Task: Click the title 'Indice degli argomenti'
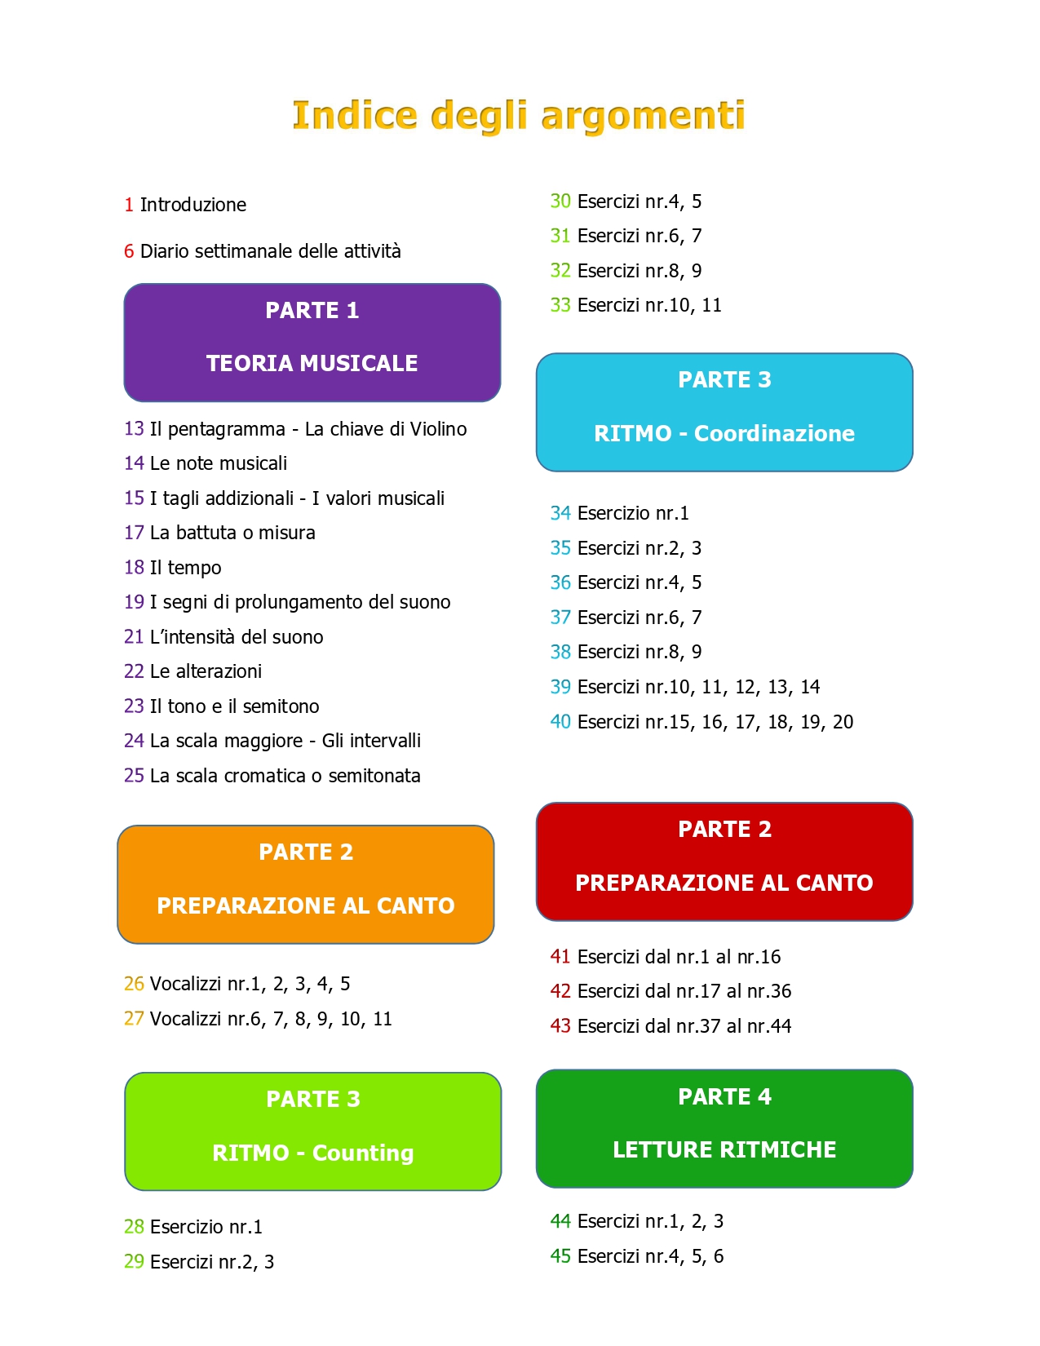tap(519, 115)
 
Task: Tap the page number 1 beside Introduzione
tap(129, 205)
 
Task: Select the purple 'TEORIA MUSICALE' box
tap(312, 343)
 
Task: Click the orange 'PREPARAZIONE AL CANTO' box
tap(306, 884)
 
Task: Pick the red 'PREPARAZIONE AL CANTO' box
tap(724, 861)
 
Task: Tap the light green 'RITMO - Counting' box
tap(313, 1131)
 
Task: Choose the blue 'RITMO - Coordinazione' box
tap(724, 412)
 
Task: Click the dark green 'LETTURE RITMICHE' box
tap(724, 1128)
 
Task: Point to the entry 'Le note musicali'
tap(219, 463)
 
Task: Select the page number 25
tap(134, 776)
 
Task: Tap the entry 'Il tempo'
tap(186, 568)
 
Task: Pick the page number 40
tap(560, 722)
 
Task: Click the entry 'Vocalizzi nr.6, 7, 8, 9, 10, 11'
tap(271, 1019)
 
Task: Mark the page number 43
tap(560, 1026)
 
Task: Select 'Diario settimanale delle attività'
tap(271, 251)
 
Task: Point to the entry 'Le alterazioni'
tap(206, 671)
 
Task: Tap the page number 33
tap(560, 305)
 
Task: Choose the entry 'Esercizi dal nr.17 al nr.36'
tap(684, 991)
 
